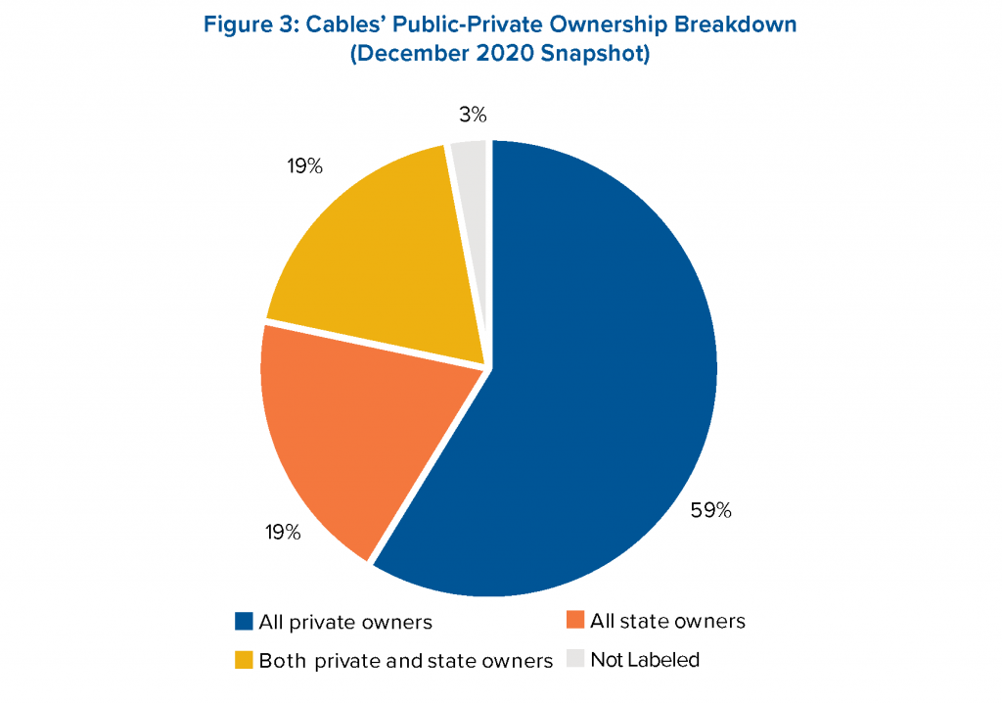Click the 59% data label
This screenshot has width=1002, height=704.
click(x=711, y=510)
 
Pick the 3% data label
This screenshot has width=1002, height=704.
click(x=473, y=115)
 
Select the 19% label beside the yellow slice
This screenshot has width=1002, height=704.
click(x=304, y=166)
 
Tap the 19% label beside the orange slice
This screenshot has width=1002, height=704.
click(x=283, y=533)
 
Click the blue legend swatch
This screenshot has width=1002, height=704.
click(x=244, y=621)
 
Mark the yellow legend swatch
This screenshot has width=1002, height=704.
click(x=244, y=659)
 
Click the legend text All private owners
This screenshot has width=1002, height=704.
click(x=345, y=622)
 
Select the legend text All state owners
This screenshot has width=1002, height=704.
click(x=667, y=622)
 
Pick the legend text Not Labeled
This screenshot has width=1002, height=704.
click(x=645, y=660)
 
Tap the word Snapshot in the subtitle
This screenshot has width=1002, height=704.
click(x=598, y=56)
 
